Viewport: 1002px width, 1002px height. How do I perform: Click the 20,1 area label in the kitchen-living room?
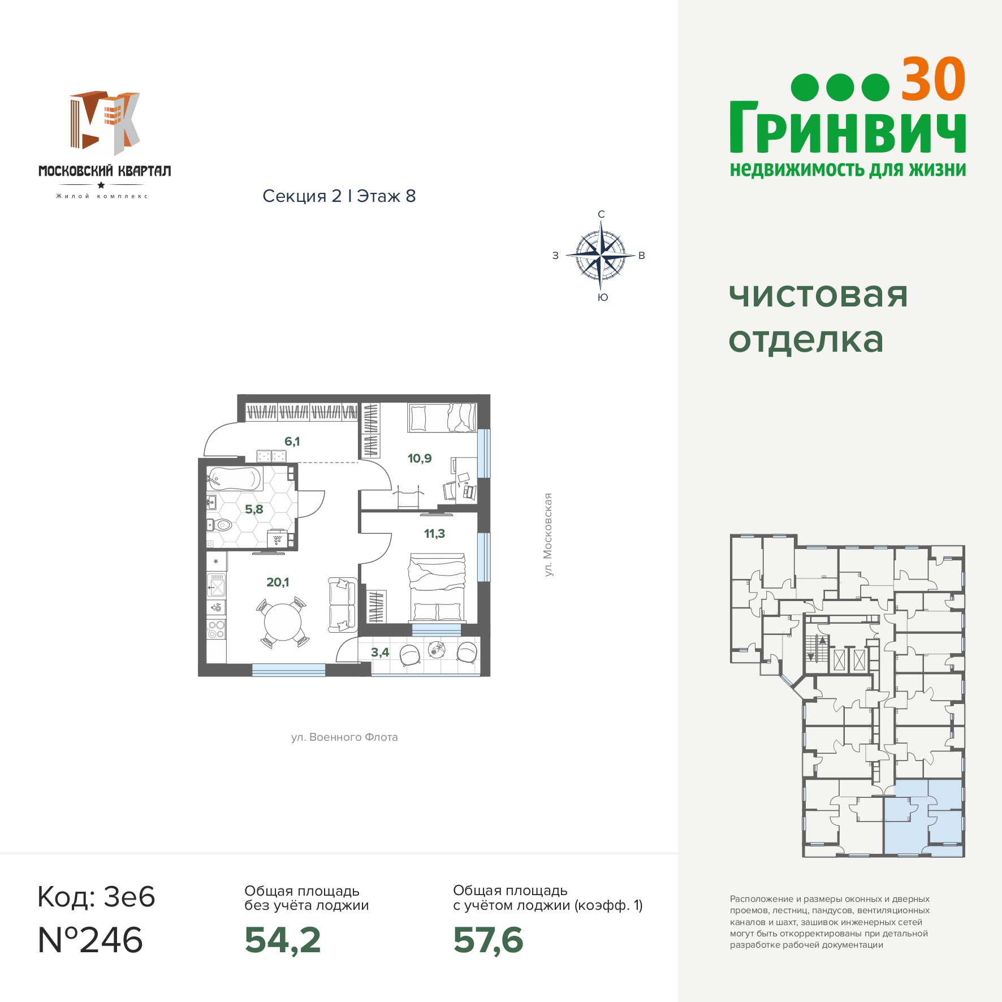(278, 582)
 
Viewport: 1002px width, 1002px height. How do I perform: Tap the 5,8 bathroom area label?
(254, 509)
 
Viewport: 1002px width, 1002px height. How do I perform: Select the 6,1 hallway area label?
(292, 441)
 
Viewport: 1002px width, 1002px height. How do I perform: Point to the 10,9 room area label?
(420, 458)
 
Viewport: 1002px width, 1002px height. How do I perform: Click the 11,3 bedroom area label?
(434, 533)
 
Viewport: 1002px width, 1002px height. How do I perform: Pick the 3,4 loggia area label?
(380, 652)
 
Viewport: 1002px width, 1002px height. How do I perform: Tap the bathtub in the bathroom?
(235, 478)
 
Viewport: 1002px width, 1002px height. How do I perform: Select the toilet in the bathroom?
(222, 525)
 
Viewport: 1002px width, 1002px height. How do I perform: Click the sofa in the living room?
(343, 604)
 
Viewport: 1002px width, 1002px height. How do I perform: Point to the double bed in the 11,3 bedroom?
(438, 588)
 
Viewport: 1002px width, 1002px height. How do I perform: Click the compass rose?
(601, 256)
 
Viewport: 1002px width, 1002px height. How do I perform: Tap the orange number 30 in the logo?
(933, 80)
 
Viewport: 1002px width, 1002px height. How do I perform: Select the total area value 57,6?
(488, 940)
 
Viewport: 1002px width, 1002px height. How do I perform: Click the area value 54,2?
(283, 940)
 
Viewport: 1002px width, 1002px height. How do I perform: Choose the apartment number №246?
(90, 940)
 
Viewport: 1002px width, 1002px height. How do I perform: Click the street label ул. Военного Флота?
(344, 737)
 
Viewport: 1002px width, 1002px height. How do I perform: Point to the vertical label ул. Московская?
(547, 534)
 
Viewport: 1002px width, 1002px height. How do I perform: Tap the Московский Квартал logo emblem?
(105, 123)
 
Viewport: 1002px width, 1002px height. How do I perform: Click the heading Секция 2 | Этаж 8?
(339, 196)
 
